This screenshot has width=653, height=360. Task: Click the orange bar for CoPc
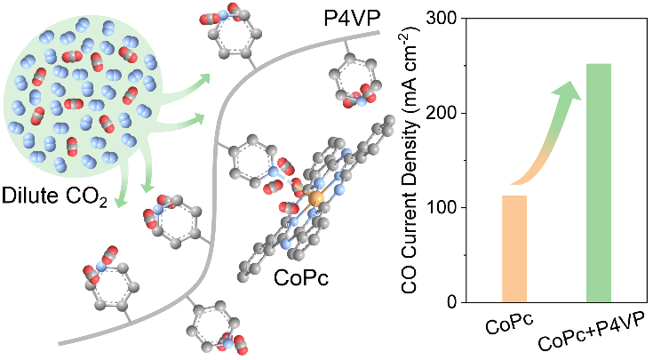pyautogui.click(x=514, y=249)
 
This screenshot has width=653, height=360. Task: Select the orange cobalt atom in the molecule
pyautogui.click(x=315, y=195)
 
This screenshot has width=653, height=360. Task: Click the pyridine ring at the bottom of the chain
pyautogui.click(x=211, y=324)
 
